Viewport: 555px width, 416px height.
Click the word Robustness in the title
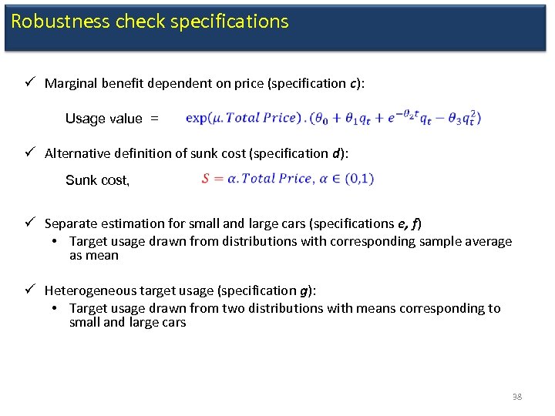pyautogui.click(x=61, y=22)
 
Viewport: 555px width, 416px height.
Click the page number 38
pyautogui.click(x=516, y=397)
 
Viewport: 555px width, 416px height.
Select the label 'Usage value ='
pyautogui.click(x=112, y=119)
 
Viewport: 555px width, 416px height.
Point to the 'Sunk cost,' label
pyautogui.click(x=98, y=180)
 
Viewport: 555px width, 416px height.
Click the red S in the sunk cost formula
pyautogui.click(x=206, y=179)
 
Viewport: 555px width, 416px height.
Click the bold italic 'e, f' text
pyautogui.click(x=407, y=224)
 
